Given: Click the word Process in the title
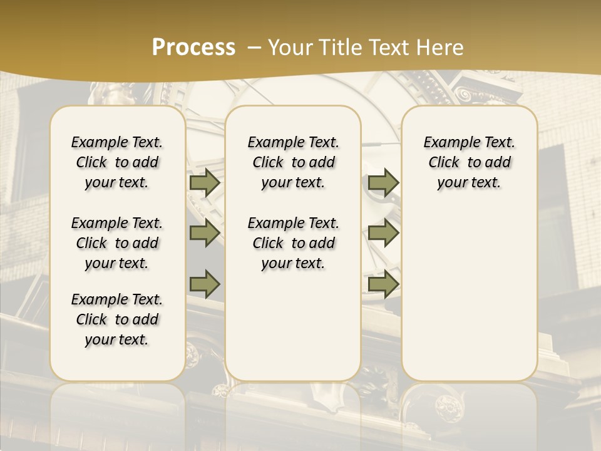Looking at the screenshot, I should [x=193, y=48].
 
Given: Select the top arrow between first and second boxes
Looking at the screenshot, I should [x=205, y=183].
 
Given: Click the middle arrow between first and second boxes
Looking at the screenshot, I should [x=205, y=233].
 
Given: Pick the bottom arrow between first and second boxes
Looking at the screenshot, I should [x=205, y=283].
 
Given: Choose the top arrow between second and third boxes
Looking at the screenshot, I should [x=383, y=183].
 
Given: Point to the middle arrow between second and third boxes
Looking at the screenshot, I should [x=383, y=233].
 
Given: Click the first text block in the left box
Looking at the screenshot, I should [x=117, y=162].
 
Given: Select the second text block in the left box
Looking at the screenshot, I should [x=117, y=243].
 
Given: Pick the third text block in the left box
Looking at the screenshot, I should [x=117, y=319].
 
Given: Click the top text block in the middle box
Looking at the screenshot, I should [x=293, y=162].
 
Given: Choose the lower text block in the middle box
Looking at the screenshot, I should [x=293, y=243].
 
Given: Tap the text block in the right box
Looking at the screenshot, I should [x=469, y=162].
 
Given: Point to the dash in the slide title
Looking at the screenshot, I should [x=254, y=48].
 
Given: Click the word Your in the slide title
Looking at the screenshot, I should [x=290, y=48].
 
